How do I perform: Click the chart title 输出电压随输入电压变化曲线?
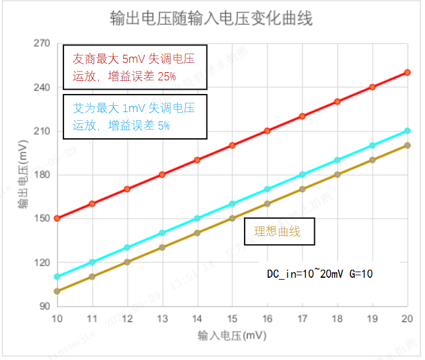coord(212,19)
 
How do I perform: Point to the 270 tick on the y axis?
coord(41,44)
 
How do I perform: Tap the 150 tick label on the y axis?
coord(41,219)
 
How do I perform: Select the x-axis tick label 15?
coord(232,319)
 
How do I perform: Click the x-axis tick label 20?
coord(408,319)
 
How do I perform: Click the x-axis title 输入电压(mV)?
coord(231,336)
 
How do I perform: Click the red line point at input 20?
coord(408,72)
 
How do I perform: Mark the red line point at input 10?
coord(57,219)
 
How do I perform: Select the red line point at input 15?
coord(232,145)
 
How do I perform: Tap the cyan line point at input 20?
coord(408,131)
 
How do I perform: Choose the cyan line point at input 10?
coord(57,277)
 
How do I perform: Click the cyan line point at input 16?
coord(268,189)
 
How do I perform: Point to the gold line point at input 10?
coord(57,291)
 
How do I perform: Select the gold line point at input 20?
coord(408,145)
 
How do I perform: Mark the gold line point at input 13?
coord(162,247)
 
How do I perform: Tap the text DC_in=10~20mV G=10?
coord(320,273)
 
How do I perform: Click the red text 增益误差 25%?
coord(142,76)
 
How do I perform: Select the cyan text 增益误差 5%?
coord(139,125)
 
